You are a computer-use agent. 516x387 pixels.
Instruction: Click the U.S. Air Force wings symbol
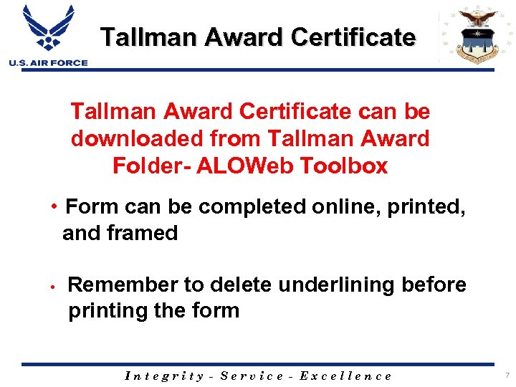(48, 29)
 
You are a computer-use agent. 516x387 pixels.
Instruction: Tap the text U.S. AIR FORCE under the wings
(48, 63)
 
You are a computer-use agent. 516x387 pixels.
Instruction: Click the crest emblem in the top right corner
(469, 36)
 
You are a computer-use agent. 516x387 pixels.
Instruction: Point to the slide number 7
(506, 375)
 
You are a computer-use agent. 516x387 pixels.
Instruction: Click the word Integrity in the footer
(164, 376)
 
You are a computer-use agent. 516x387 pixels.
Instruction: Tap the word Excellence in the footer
(346, 376)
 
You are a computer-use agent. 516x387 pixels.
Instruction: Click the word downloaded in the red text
(131, 138)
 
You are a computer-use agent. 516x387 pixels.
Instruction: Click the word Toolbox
(344, 166)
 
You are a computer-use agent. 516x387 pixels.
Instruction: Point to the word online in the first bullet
(325, 207)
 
